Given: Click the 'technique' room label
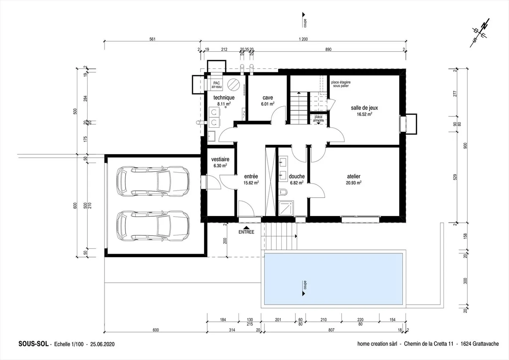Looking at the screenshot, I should [224, 98].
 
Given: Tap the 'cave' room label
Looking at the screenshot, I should [268, 98].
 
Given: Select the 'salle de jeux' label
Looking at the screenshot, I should [364, 108].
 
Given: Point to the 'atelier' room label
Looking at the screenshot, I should [353, 176].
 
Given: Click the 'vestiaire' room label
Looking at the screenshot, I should [220, 159].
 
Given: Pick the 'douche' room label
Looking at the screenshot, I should [297, 176].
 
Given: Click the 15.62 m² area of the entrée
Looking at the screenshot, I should [251, 183].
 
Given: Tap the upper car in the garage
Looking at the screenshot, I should [153, 181].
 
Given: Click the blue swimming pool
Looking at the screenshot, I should [333, 279].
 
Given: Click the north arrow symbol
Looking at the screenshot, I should [480, 34].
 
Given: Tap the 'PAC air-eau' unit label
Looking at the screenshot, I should [216, 85].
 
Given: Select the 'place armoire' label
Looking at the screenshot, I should [318, 119].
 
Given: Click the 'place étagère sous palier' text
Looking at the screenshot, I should [341, 84].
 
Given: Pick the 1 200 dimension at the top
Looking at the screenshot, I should [303, 39].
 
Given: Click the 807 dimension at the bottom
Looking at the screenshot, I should [331, 330].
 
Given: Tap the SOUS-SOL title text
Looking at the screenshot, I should [33, 344].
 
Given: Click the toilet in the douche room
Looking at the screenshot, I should [283, 192].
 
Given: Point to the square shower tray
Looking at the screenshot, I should [286, 208].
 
